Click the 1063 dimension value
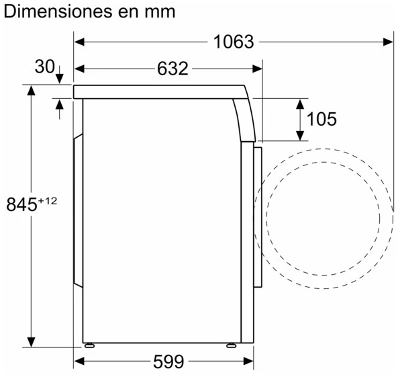tap(234, 42)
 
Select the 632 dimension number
tap(172, 69)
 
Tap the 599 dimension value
tap(168, 362)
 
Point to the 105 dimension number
tap(321, 119)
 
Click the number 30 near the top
tap(45, 67)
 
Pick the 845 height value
tap(22, 204)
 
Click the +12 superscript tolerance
tap(48, 201)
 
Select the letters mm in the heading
tap(160, 13)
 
